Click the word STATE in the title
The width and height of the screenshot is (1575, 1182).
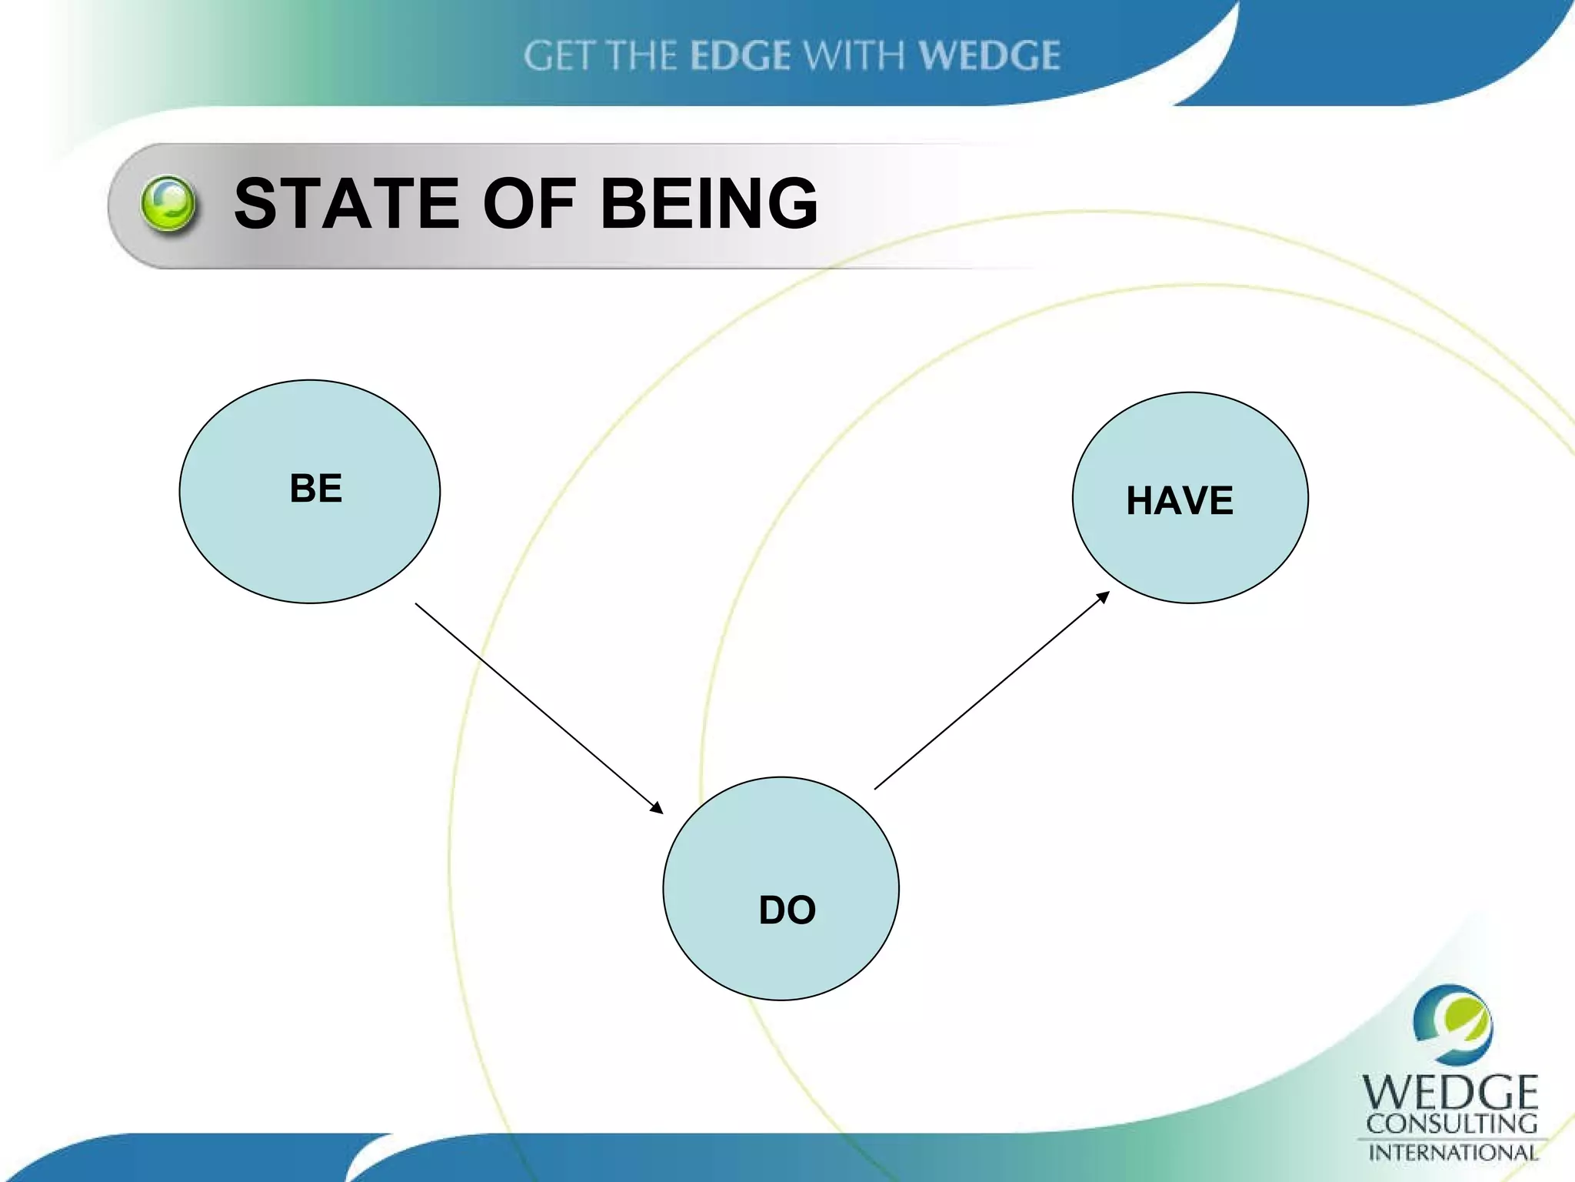pos(346,203)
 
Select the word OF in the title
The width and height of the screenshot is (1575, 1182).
pos(529,203)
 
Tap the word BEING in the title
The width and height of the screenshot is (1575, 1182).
pos(709,203)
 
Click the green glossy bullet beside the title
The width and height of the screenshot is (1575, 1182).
pos(168,204)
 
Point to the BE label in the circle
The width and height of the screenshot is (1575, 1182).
pos(316,489)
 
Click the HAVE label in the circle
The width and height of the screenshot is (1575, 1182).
pos(1180,501)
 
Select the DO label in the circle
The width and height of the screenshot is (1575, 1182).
pos(787,910)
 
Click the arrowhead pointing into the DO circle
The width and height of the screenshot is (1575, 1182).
pos(656,807)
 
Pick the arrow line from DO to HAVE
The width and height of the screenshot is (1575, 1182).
pos(992,689)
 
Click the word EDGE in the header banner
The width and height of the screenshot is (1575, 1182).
pos(740,56)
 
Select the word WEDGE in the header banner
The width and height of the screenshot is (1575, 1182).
pos(990,56)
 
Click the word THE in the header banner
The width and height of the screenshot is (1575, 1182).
pos(641,56)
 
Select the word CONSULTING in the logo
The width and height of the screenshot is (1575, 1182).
pos(1451,1124)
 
